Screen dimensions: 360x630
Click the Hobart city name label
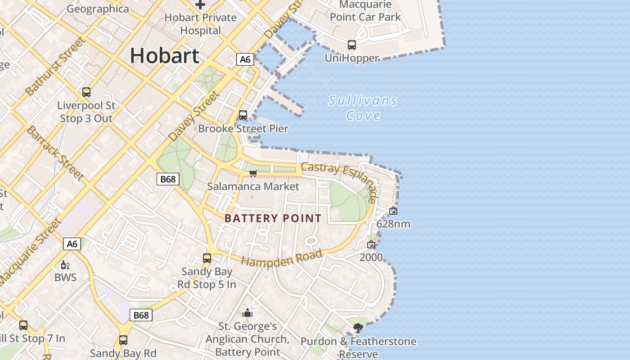tap(164, 56)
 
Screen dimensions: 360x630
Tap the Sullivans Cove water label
tap(363, 108)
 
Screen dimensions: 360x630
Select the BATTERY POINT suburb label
tap(273, 219)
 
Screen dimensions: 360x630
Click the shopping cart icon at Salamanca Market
tap(253, 174)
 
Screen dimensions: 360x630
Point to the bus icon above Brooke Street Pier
tap(243, 115)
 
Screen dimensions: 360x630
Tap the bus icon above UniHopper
tap(352, 45)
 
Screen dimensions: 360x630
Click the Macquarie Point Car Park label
tap(365, 11)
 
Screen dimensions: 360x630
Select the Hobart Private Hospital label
tap(200, 24)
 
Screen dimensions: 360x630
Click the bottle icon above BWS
tap(65, 265)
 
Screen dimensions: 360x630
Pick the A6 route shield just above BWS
tap(72, 244)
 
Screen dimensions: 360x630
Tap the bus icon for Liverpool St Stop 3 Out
tap(86, 92)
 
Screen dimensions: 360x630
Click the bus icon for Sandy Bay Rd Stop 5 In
tap(207, 258)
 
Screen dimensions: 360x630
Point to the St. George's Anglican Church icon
tap(247, 313)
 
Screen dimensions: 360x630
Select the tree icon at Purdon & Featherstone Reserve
tap(358, 328)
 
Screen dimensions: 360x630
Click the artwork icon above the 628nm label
tap(393, 211)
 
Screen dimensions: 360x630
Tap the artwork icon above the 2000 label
tap(371, 245)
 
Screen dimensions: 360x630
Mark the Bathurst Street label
tap(55, 67)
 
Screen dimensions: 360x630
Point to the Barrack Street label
tap(55, 153)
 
